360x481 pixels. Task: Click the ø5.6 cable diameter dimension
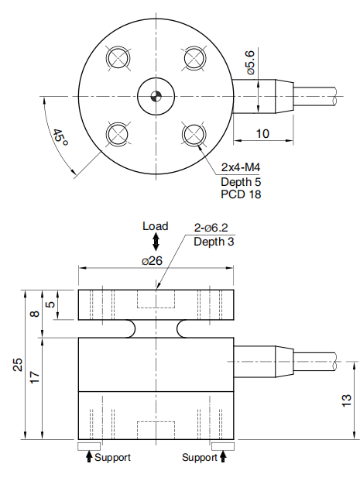coord(251,63)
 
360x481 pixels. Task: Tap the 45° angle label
coord(60,138)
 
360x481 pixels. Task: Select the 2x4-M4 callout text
coord(241,167)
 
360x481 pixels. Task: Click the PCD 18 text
coord(241,194)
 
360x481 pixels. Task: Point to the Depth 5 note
coord(241,182)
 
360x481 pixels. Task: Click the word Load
coord(156,226)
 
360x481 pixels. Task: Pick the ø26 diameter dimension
coord(152,261)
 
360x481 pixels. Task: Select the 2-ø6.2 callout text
coord(211,228)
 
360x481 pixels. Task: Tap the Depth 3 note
coord(214,242)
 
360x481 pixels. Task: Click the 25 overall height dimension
coord(18,365)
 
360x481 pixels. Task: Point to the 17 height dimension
coord(35,377)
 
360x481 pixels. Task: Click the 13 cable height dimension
coord(346,400)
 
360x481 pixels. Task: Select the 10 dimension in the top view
coord(262,134)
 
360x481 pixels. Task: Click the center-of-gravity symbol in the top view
coord(156,96)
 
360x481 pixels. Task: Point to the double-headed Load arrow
coord(156,242)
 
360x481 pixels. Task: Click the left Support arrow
coord(89,456)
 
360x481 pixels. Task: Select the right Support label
coord(200,458)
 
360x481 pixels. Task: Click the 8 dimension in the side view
coord(36,314)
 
